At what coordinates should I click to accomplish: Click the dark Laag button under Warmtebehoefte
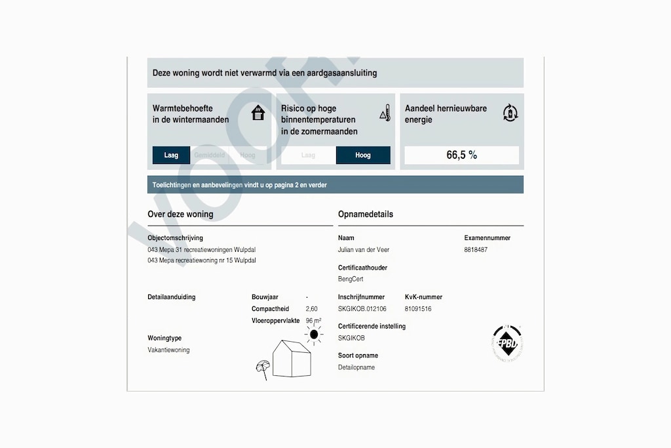pyautogui.click(x=171, y=155)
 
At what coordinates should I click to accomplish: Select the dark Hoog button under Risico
pyautogui.click(x=363, y=155)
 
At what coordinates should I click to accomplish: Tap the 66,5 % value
pyautogui.click(x=461, y=155)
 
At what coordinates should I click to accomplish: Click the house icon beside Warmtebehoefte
pyautogui.click(x=258, y=113)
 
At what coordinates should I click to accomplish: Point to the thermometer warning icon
pyautogui.click(x=385, y=113)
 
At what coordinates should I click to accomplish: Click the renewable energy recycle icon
pyautogui.click(x=510, y=113)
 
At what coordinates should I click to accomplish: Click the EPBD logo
pyautogui.click(x=510, y=340)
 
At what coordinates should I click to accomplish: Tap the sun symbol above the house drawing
pyautogui.click(x=314, y=335)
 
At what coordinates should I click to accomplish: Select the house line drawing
pyautogui.click(x=291, y=359)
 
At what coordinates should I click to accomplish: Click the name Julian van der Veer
pyautogui.click(x=364, y=250)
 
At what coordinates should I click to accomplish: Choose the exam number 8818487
pyautogui.click(x=476, y=250)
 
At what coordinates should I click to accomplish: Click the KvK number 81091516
pyautogui.click(x=418, y=309)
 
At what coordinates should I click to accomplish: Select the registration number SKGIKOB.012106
pyautogui.click(x=362, y=309)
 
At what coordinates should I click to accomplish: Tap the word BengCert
pyautogui.click(x=351, y=279)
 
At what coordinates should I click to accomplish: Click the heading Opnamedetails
pyautogui.click(x=366, y=214)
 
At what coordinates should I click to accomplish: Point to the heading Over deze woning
pyautogui.click(x=180, y=214)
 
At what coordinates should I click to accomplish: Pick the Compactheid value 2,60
pyautogui.click(x=312, y=309)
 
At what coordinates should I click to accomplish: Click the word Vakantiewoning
pyautogui.click(x=168, y=350)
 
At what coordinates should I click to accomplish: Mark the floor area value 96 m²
pyautogui.click(x=313, y=321)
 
